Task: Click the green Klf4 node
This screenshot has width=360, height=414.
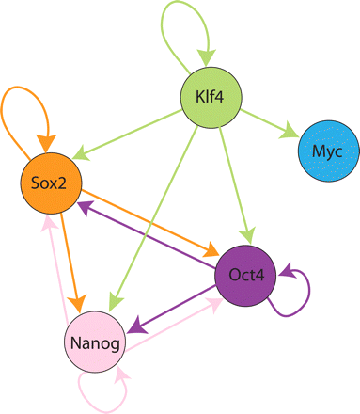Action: tap(207, 94)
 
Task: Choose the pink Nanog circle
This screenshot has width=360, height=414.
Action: tap(95, 344)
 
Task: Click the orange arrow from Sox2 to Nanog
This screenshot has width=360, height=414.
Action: tap(68, 254)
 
